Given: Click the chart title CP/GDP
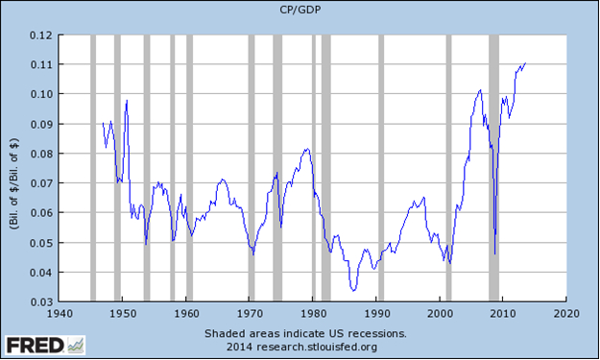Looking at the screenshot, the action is pyautogui.click(x=300, y=10).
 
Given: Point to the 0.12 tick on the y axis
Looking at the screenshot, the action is pyautogui.click(x=41, y=36).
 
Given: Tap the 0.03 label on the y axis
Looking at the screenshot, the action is pyautogui.click(x=41, y=301).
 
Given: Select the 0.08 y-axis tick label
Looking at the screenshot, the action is pyautogui.click(x=41, y=154).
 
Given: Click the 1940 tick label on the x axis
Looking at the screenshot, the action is pyautogui.click(x=60, y=314).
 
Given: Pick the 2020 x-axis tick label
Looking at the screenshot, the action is pyautogui.click(x=566, y=314).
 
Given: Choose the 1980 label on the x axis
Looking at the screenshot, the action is pyautogui.click(x=313, y=314).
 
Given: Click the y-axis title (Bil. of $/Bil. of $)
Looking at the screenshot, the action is pyautogui.click(x=14, y=183).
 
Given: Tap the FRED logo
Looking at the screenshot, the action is pyautogui.click(x=45, y=346).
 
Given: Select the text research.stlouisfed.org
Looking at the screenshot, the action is pyautogui.click(x=317, y=347).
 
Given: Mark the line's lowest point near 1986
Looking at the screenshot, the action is pyautogui.click(x=353, y=291).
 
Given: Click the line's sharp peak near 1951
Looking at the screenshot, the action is pyautogui.click(x=127, y=100).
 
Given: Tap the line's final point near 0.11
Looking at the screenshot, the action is pyautogui.click(x=525, y=63).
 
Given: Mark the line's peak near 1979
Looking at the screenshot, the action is pyautogui.click(x=307, y=149).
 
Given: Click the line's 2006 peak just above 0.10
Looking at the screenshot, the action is pyautogui.click(x=480, y=90).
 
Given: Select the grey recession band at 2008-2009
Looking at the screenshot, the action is pyautogui.click(x=494, y=168).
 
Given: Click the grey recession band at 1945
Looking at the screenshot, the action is pyautogui.click(x=93, y=168).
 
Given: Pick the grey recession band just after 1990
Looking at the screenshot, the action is pyautogui.click(x=381, y=168).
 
